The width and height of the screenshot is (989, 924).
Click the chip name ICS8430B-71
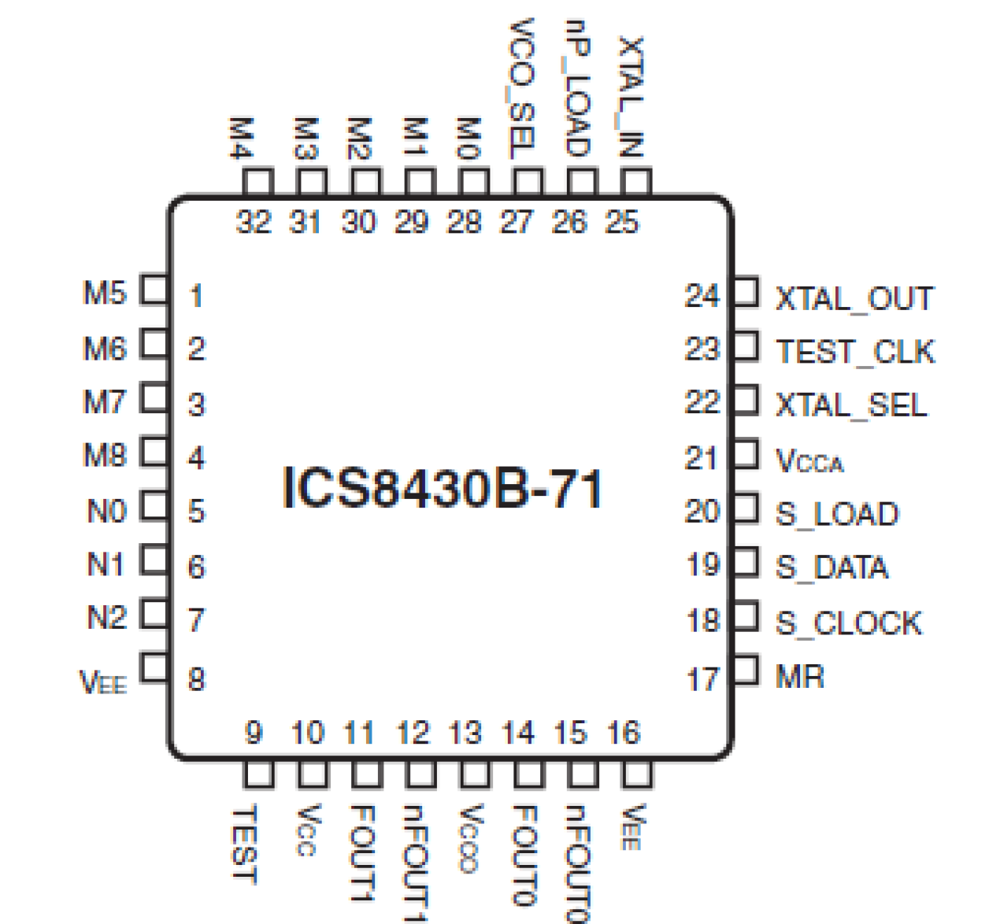[x=443, y=489]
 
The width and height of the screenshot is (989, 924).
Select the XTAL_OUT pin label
[x=854, y=299]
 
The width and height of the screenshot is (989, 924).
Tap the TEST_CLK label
[x=855, y=352]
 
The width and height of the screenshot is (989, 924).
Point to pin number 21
[x=701, y=458]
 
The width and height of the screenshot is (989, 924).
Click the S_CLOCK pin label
[x=848, y=623]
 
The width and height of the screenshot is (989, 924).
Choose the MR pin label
[x=799, y=676]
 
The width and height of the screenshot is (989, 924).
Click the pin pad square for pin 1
[x=154, y=290]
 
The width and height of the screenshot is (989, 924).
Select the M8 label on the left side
[x=105, y=455]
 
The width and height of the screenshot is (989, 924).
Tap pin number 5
[x=196, y=512]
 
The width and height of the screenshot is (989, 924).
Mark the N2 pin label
[x=106, y=617]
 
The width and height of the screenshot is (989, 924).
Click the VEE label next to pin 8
[x=103, y=682]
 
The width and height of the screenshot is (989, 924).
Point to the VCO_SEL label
[x=522, y=88]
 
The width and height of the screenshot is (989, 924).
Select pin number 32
[x=254, y=222]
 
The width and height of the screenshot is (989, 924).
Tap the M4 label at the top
[x=242, y=138]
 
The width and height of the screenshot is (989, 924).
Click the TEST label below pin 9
[x=245, y=844]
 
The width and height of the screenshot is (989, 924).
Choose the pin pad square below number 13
[x=474, y=774]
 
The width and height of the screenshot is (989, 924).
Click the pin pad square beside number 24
[x=746, y=292]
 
